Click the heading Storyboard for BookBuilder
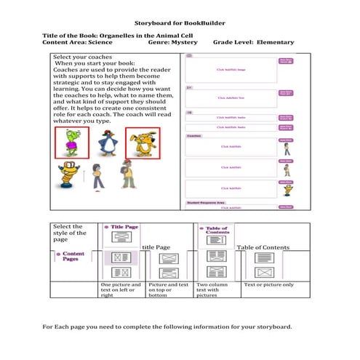[x=180, y=24]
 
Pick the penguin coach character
[x=106, y=144]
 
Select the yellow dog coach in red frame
[x=142, y=143]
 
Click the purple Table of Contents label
[x=217, y=230]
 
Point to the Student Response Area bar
[x=210, y=201]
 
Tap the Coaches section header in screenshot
[x=195, y=135]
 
